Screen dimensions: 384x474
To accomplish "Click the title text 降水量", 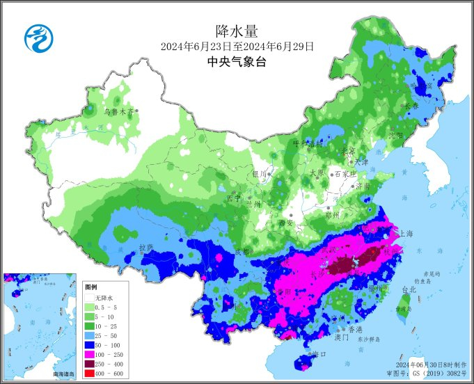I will pos(237,31).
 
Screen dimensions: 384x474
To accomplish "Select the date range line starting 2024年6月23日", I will pos(237,47).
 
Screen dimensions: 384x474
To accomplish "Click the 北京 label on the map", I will pos(347,150).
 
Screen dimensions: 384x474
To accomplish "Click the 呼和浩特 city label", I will pos(308,144).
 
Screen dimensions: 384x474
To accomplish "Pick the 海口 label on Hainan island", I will pos(319,354).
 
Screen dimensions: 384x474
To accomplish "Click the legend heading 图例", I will pos(91,287).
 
